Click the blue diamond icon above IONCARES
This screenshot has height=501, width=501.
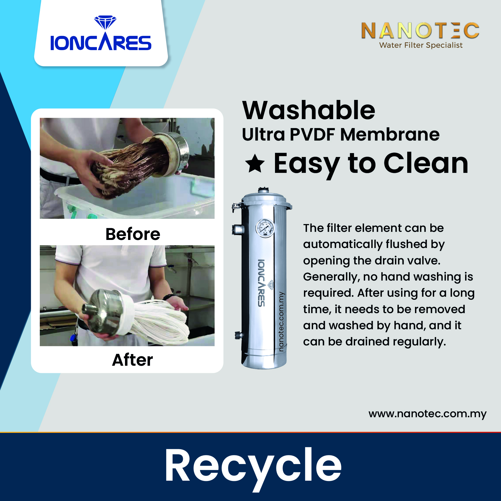(x=105, y=23)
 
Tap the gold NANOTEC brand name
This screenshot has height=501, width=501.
(x=420, y=30)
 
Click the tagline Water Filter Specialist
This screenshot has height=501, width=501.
(x=421, y=45)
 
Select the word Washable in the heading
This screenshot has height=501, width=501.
(x=309, y=110)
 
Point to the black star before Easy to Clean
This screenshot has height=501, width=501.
(x=255, y=164)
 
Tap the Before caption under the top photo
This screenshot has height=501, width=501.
(x=133, y=234)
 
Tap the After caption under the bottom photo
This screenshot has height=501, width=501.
(x=132, y=360)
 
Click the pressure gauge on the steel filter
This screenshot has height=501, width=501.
(x=265, y=228)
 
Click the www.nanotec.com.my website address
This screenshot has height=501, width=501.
(x=428, y=414)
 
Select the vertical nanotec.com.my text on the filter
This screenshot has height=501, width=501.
(x=282, y=321)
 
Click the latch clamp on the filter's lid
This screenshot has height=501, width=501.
(x=237, y=207)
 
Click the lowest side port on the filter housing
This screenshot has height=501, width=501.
(x=239, y=335)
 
